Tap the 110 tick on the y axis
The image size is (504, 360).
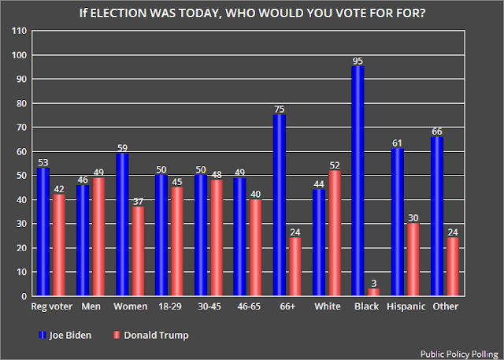19,31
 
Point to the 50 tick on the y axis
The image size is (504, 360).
21,176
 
